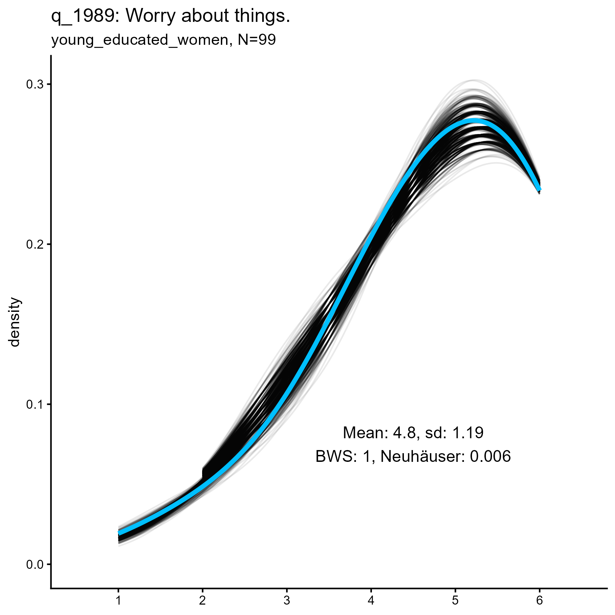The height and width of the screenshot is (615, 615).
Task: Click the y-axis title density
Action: (15, 322)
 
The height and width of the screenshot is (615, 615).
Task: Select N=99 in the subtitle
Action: (257, 40)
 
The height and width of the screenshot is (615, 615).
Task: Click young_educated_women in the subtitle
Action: (140, 41)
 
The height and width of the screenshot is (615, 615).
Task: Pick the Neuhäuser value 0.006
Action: (490, 456)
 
